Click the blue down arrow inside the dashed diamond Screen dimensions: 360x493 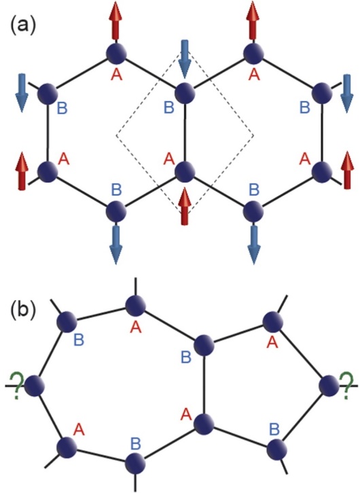pyautogui.click(x=184, y=59)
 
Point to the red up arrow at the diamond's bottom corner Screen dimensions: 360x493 pyautogui.click(x=184, y=206)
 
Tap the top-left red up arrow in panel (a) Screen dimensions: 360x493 pyautogui.click(x=116, y=21)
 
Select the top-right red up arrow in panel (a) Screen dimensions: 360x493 pyautogui.click(x=253, y=21)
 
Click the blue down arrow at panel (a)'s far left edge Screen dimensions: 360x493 pyautogui.click(x=22, y=93)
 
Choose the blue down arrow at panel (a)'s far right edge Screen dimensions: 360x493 pyautogui.click(x=347, y=94)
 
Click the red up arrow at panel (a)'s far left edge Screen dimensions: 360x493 pyautogui.click(x=22, y=171)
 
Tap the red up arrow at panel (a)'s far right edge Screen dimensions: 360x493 pyautogui.click(x=347, y=170)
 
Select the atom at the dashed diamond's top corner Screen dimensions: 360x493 pyautogui.click(x=185, y=93)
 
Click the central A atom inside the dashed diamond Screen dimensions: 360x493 pyautogui.click(x=185, y=172)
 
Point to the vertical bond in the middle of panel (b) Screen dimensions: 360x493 pyautogui.click(x=204, y=384)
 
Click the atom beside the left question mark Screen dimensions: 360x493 pyautogui.click(x=35, y=386)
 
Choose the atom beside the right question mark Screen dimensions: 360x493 pyautogui.click(x=329, y=386)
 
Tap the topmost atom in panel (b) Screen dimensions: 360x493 pyautogui.click(x=136, y=305)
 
